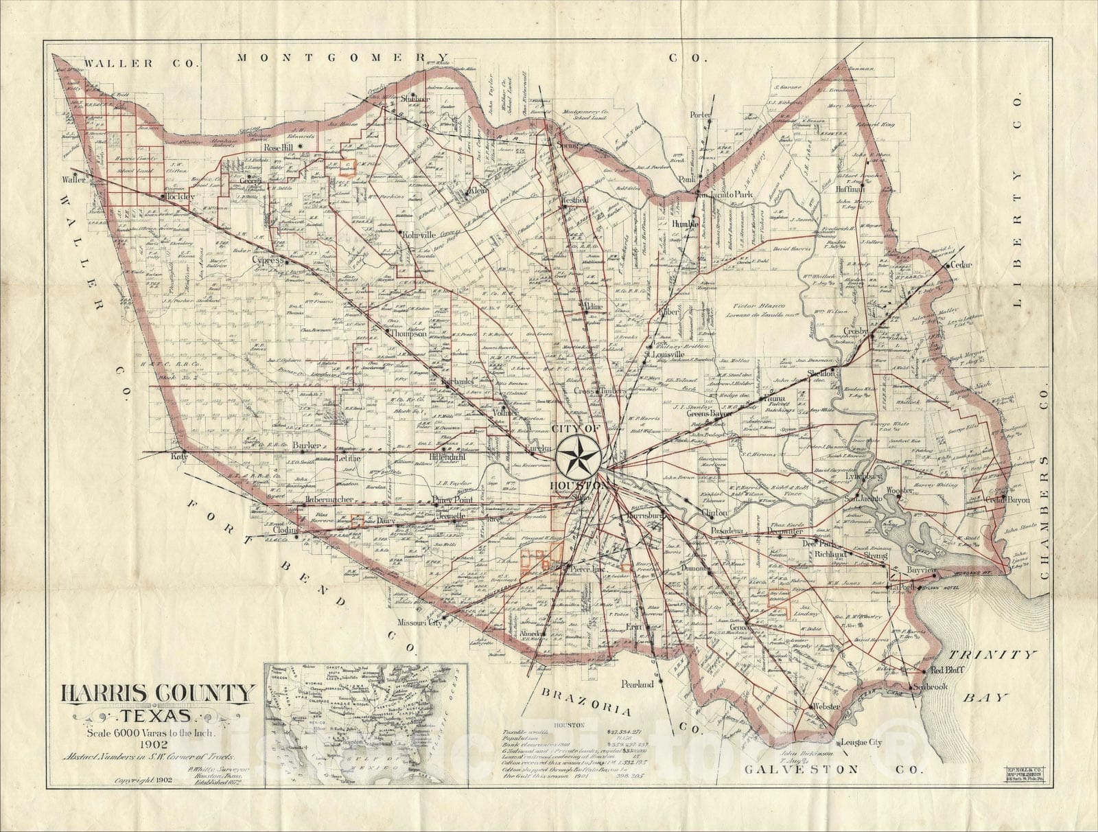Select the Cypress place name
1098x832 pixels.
tap(268, 262)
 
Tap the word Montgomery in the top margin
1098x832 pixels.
tap(342, 58)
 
